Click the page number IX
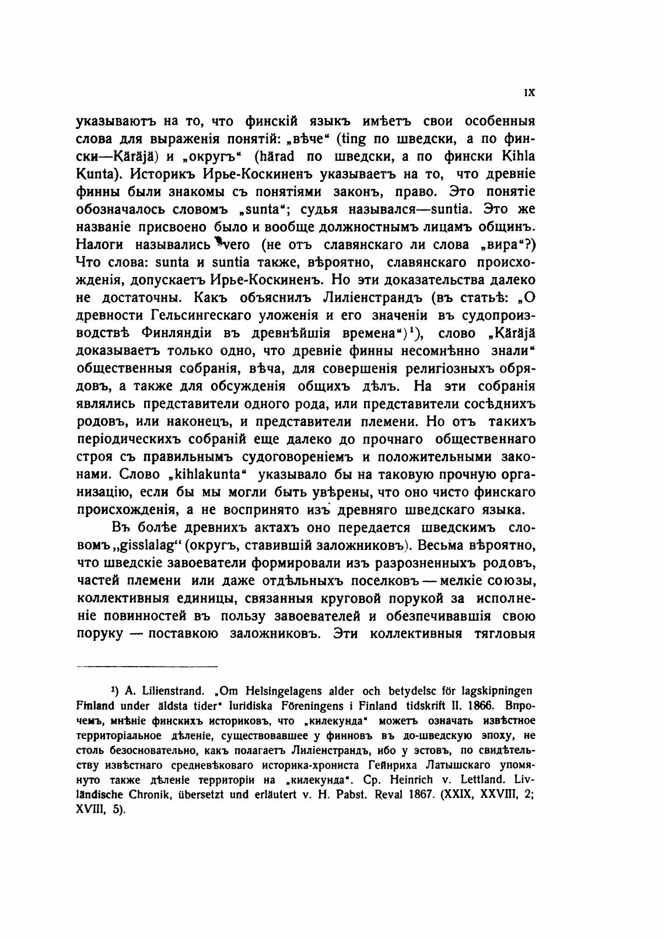530,93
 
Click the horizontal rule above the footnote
147,665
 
